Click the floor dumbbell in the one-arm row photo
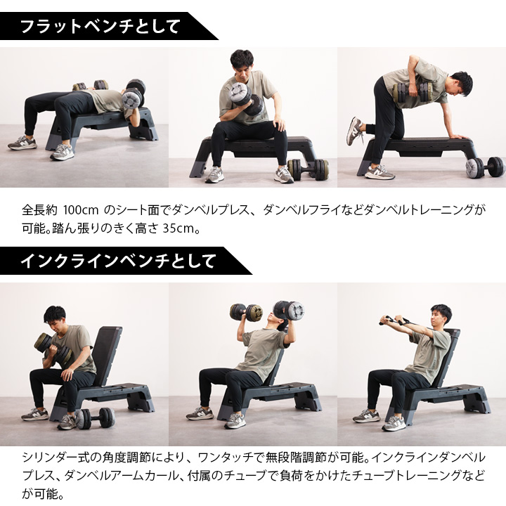pos(485,167)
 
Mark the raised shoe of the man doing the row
pos(356,131)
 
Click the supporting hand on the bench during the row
pos(457,138)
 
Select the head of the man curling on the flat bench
pos(241,64)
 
